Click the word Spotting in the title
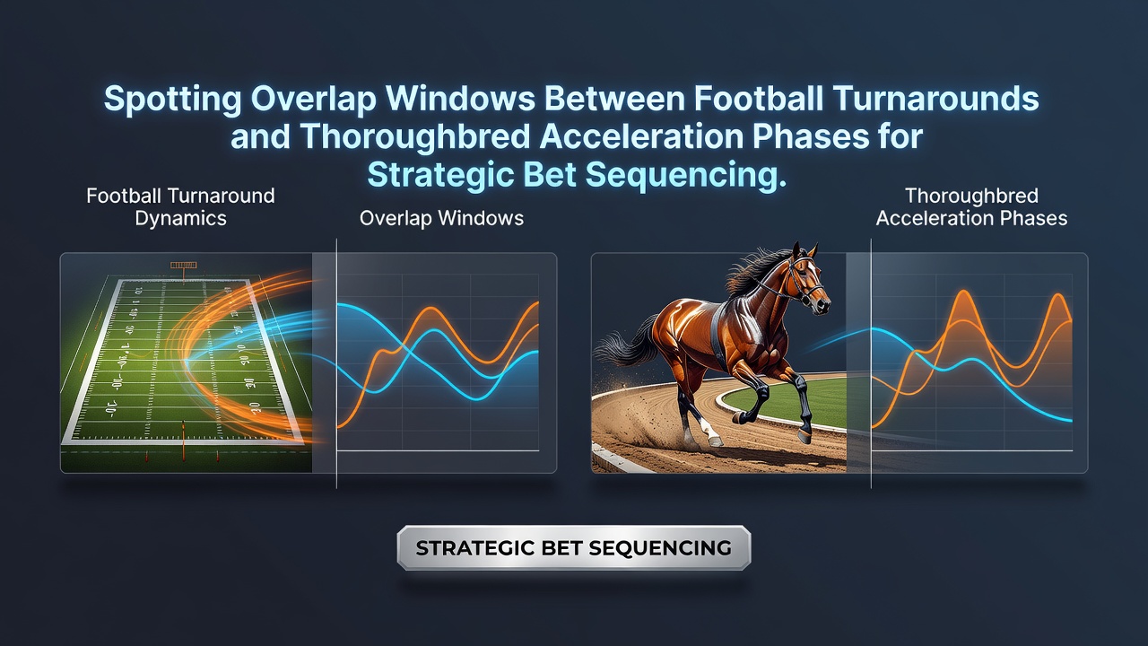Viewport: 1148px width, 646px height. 172,99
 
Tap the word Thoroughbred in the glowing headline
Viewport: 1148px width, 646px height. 414,137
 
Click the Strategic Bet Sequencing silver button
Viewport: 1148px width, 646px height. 573,547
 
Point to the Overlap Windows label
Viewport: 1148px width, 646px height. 441,218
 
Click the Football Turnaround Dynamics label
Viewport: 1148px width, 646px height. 180,207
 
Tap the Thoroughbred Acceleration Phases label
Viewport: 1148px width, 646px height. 971,207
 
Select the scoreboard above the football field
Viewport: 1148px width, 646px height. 184,265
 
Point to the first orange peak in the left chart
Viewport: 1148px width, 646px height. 432,310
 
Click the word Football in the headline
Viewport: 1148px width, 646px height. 759,99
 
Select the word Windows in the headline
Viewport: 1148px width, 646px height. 461,99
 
